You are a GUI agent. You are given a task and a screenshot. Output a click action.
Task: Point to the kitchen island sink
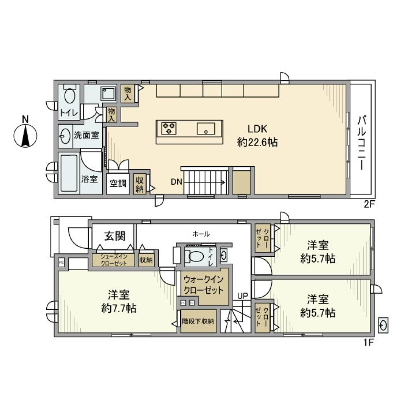[206, 128]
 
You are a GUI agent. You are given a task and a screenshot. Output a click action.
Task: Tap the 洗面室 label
[87, 135]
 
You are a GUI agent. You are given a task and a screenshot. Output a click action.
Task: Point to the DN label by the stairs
[176, 182]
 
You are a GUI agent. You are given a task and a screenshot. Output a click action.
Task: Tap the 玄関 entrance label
[114, 236]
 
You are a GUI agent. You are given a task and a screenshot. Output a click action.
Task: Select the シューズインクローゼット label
[113, 260]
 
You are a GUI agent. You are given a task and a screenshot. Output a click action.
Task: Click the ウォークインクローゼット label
[203, 285]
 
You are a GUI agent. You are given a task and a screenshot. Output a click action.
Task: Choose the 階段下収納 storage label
[198, 321]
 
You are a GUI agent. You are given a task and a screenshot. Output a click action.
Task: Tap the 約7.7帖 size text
[118, 308]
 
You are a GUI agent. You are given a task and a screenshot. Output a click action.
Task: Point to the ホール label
[201, 234]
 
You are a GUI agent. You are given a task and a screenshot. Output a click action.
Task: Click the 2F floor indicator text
[369, 205]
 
